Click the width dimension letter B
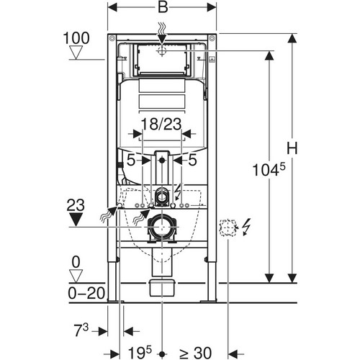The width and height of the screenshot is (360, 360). tap(163, 7)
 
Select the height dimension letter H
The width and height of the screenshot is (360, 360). tap(292, 148)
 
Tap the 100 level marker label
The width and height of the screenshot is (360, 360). tap(76, 38)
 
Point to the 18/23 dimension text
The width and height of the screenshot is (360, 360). tap(161, 125)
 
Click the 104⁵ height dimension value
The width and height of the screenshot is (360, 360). tap(269, 169)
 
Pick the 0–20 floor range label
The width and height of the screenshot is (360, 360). tap(86, 293)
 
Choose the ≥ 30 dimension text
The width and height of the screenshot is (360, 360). tap(195, 353)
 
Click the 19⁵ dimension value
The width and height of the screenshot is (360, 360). tap(140, 353)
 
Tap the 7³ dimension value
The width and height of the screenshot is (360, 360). tap(81, 330)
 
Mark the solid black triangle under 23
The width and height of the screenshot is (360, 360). tap(76, 219)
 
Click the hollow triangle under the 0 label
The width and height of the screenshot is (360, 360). tap(76, 276)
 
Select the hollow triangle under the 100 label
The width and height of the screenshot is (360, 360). tap(76, 53)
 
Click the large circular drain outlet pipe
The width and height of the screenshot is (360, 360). tap(162, 227)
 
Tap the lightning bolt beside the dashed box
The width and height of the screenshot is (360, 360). tap(246, 227)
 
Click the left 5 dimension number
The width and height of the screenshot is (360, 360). tap(131, 161)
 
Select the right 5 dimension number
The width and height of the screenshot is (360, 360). tap(192, 160)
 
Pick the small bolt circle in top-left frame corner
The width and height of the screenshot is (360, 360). tap(112, 38)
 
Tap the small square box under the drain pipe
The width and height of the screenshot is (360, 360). tap(163, 287)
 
